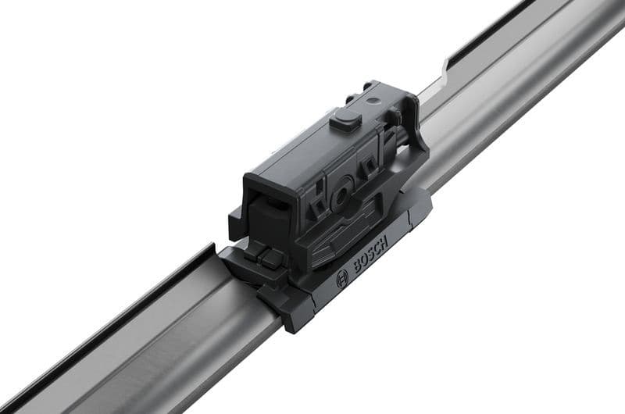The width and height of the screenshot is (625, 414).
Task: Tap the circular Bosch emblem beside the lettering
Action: (x=342, y=279)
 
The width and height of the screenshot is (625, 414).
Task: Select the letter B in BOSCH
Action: (x=359, y=267)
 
